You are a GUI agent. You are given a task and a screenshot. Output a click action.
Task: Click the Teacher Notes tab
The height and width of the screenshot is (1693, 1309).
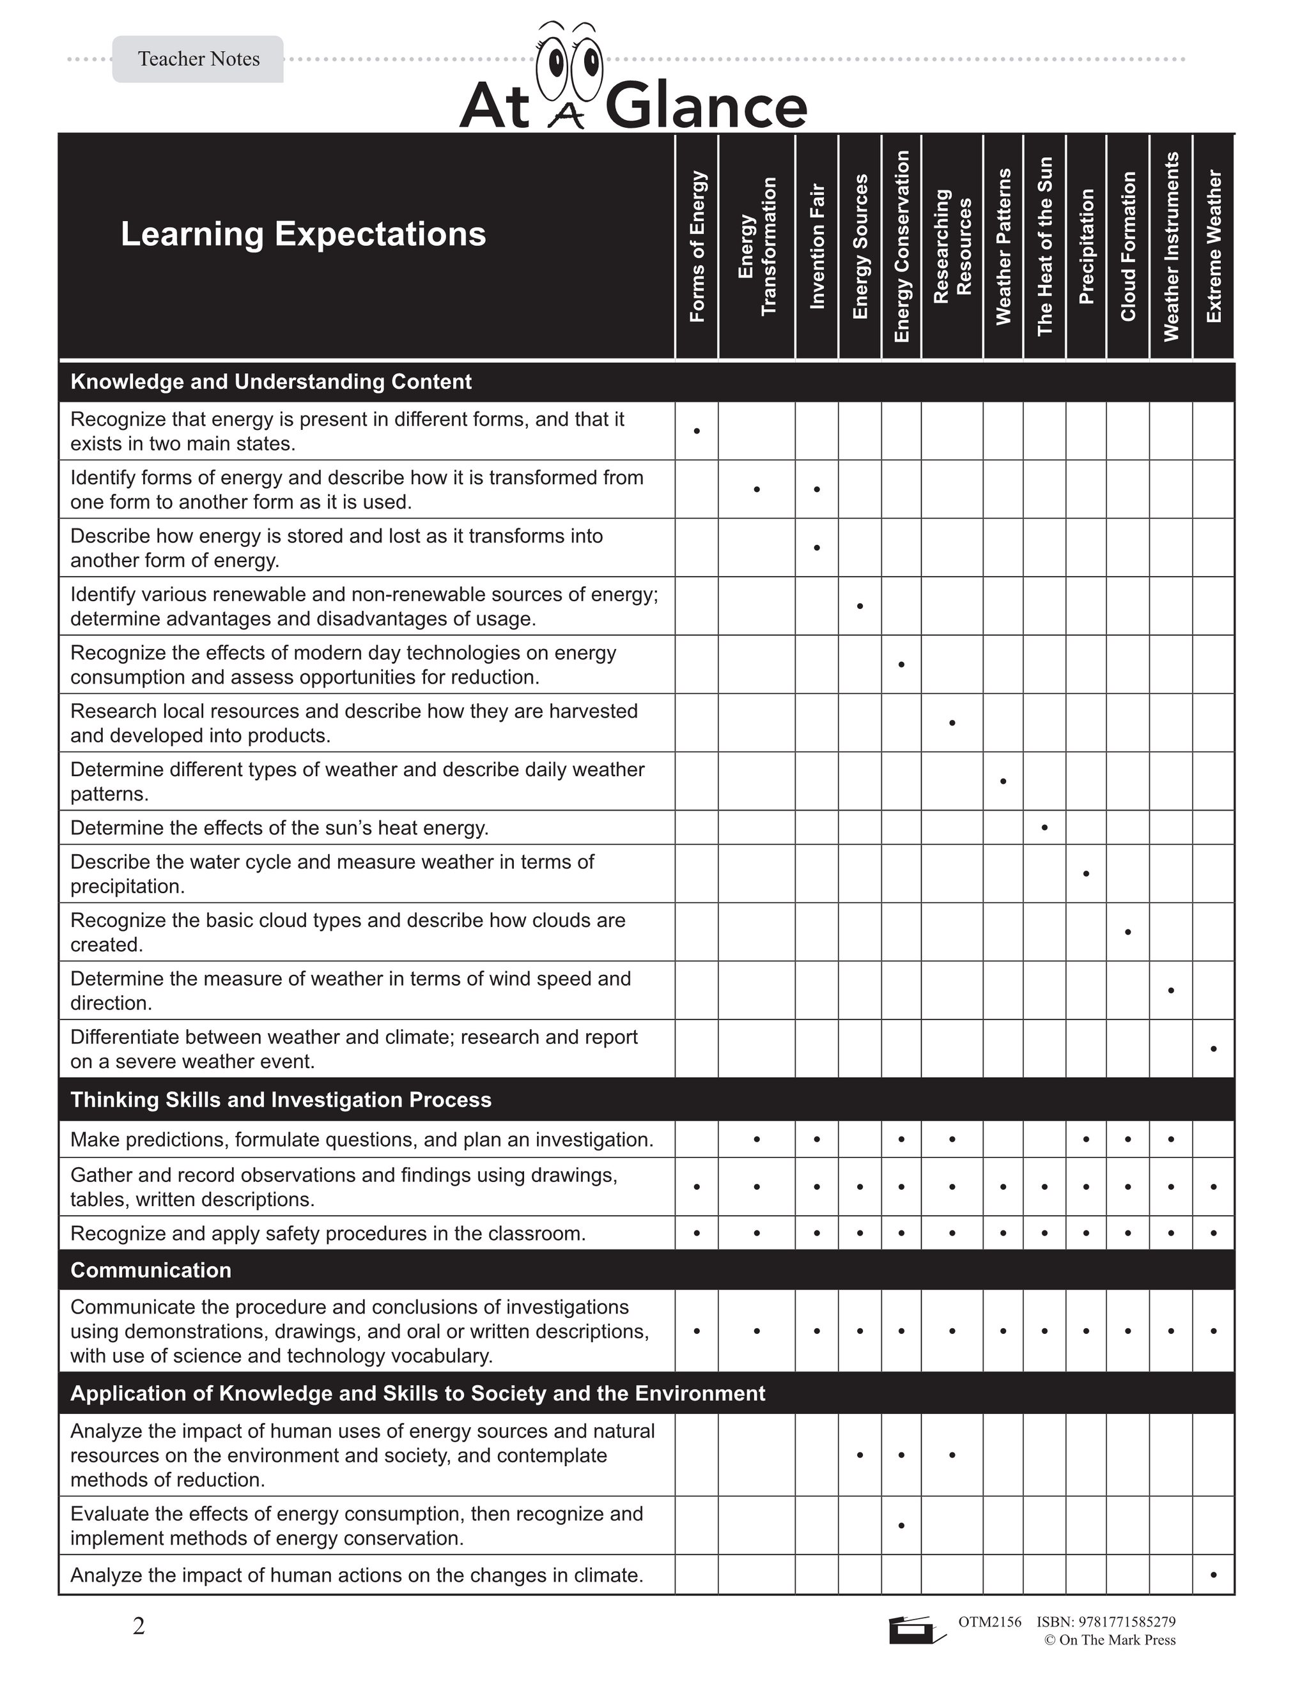coord(199,59)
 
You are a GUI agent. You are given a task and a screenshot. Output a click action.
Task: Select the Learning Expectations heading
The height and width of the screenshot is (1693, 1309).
coord(303,234)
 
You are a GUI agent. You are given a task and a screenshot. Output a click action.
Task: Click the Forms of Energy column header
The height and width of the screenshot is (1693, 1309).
coord(697,247)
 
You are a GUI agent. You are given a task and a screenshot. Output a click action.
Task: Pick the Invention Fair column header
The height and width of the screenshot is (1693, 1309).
coord(817,247)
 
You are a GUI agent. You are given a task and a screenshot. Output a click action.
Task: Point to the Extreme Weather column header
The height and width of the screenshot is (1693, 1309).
coord(1214,247)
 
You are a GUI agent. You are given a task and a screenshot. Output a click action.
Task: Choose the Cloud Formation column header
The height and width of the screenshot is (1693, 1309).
coord(1127,247)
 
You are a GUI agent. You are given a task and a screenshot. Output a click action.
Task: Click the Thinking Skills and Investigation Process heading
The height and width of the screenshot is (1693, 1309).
coord(281,1099)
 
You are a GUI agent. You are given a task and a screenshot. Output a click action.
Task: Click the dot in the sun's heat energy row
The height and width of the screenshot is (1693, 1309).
coord(1044,828)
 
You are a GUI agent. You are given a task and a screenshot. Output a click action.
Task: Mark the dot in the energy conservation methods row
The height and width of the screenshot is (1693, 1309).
coord(901,1526)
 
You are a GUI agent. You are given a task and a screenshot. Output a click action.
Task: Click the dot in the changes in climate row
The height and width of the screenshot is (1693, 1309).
coord(1214,1575)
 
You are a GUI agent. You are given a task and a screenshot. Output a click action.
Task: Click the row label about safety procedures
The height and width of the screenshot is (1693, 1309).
coord(327,1232)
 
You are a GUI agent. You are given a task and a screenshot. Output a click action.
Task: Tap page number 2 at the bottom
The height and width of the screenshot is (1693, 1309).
coord(139,1627)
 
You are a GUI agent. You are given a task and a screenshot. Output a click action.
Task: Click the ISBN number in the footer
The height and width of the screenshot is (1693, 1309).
coord(1106,1621)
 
